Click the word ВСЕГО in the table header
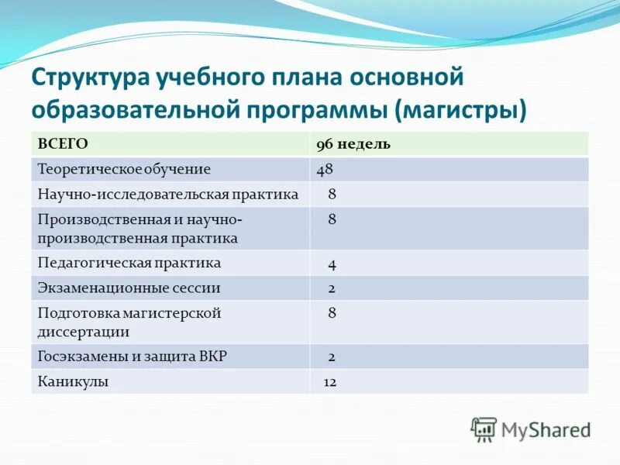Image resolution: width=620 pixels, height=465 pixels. tap(63, 145)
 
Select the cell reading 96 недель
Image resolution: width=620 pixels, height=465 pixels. tap(353, 145)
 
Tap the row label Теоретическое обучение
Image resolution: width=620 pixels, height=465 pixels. tap(124, 169)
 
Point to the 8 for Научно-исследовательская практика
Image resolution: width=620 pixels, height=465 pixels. tap(332, 195)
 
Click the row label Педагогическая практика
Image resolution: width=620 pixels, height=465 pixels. tap(129, 263)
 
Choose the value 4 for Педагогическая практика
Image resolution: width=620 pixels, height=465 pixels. tap(332, 264)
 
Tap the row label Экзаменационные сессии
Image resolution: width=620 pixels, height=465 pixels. tap(129, 288)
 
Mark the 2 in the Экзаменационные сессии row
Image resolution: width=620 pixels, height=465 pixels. tap(332, 288)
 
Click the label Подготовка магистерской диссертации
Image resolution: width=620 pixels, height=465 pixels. tap(129, 322)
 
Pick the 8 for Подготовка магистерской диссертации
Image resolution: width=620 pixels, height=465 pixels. tap(332, 314)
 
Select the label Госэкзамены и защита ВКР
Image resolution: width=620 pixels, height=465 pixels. tap(132, 357)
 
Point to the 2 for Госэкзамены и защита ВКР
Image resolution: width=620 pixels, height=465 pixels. tap(332, 357)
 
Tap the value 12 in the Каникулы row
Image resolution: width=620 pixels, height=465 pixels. tap(329, 382)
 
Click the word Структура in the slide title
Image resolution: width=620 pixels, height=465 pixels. tap(92, 79)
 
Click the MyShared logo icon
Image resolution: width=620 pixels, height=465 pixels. tap(484, 429)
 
